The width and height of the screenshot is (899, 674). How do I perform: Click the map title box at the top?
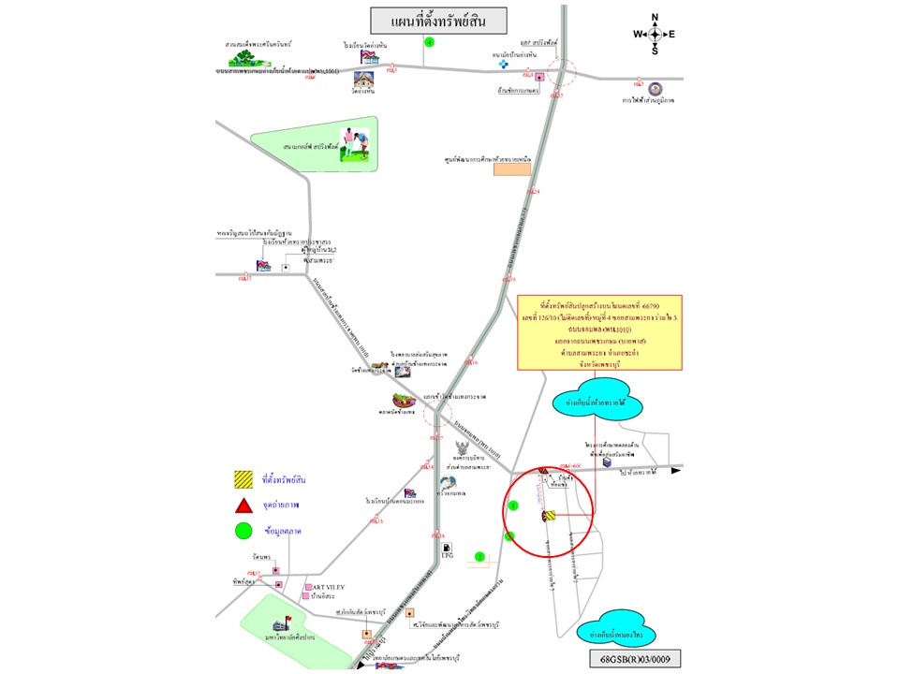click(437, 21)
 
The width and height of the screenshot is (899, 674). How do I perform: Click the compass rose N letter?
click(655, 17)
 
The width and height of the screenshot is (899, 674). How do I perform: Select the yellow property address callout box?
click(599, 332)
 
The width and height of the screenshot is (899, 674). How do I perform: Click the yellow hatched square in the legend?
click(243, 480)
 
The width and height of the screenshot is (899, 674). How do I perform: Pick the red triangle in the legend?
click(243, 505)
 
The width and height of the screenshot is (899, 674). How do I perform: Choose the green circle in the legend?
click(243, 532)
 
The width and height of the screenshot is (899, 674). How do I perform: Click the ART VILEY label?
click(329, 587)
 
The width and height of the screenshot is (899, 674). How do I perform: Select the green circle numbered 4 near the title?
click(429, 42)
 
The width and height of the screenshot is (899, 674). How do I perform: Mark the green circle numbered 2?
click(479, 557)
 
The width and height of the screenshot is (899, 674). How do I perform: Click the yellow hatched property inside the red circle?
click(549, 515)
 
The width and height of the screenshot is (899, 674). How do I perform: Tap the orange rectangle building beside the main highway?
click(512, 169)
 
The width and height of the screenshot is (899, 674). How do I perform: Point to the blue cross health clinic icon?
click(503, 64)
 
